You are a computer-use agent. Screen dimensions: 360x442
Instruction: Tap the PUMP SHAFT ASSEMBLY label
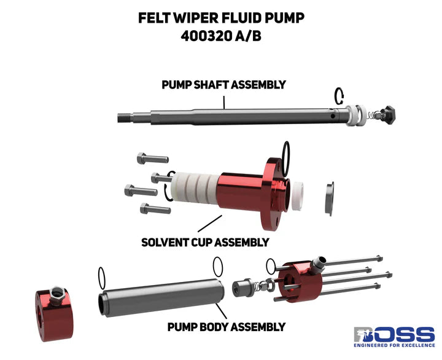tap(223, 85)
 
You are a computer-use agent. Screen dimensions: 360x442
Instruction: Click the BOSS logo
tap(394, 335)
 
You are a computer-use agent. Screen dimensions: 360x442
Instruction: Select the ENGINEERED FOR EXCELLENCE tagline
tap(394, 348)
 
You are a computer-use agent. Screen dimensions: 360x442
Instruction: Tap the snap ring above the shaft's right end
tap(339, 96)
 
